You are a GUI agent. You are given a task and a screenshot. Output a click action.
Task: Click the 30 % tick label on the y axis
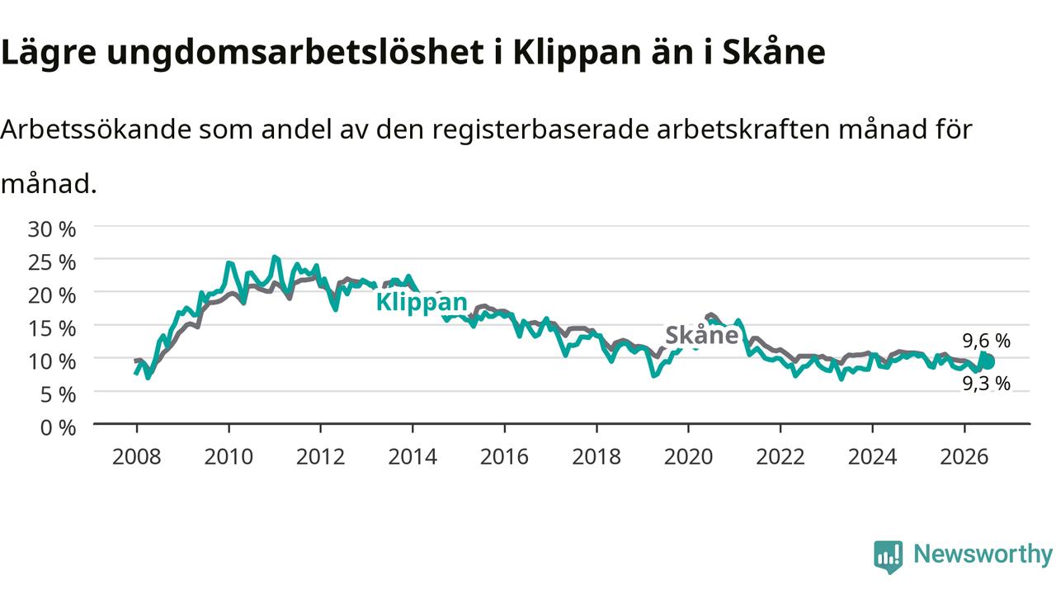[x=52, y=229]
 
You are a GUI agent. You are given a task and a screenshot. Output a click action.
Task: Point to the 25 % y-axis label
[x=52, y=262]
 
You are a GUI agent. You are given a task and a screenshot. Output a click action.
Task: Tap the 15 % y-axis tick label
[x=52, y=328]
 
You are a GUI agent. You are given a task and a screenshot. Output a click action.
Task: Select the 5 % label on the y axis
[x=58, y=394]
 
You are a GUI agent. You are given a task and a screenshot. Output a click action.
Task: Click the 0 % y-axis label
[x=58, y=428]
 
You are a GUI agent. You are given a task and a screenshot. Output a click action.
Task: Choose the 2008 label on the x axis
[x=137, y=457]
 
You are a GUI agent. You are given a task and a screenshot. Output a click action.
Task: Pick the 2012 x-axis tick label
[x=321, y=457]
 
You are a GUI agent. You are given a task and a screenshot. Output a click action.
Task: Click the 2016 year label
[x=504, y=457]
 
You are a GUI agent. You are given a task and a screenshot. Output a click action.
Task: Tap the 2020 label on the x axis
[x=688, y=457]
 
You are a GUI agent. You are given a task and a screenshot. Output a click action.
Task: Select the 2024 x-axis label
[x=872, y=457]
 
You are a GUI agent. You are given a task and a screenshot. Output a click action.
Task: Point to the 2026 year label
[x=964, y=457]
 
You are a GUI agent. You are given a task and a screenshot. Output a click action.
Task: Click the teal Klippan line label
[x=422, y=302]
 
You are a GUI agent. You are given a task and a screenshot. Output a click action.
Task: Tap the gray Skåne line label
[x=701, y=335]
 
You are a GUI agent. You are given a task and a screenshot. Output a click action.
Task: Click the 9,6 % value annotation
[x=986, y=341]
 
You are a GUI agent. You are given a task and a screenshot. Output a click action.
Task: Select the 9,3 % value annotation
[x=986, y=384]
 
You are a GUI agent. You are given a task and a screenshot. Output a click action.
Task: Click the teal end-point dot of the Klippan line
[x=988, y=362]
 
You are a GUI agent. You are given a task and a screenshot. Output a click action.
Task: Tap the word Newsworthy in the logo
[x=983, y=554]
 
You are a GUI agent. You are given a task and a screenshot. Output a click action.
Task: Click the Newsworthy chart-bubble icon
[x=889, y=557]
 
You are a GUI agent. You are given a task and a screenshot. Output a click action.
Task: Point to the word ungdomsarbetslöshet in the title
[x=295, y=52]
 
